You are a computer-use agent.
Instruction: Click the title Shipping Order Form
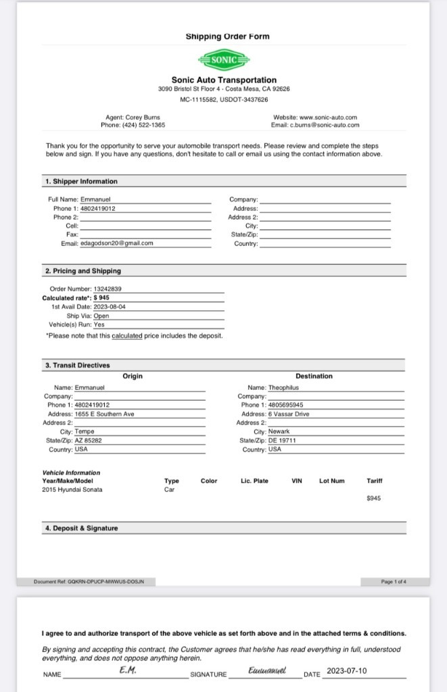(227, 36)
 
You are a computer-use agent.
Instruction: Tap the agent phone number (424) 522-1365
(143, 125)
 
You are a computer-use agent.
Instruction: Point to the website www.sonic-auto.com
(328, 117)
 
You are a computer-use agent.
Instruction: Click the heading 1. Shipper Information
(81, 181)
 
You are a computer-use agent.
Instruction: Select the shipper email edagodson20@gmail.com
(117, 243)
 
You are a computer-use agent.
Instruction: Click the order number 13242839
(108, 289)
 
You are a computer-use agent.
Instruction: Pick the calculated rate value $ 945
(101, 297)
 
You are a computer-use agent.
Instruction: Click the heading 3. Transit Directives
(77, 366)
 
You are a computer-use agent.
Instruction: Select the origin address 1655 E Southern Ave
(104, 414)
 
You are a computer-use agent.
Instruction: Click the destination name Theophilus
(283, 388)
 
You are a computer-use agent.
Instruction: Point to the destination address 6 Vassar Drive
(289, 414)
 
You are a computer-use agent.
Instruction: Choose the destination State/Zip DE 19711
(282, 440)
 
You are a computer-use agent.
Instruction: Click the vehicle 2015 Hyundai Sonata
(72, 489)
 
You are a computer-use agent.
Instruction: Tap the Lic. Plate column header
(254, 481)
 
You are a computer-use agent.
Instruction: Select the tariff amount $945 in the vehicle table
(373, 498)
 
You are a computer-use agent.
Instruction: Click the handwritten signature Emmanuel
(267, 671)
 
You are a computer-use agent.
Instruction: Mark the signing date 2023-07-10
(346, 672)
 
